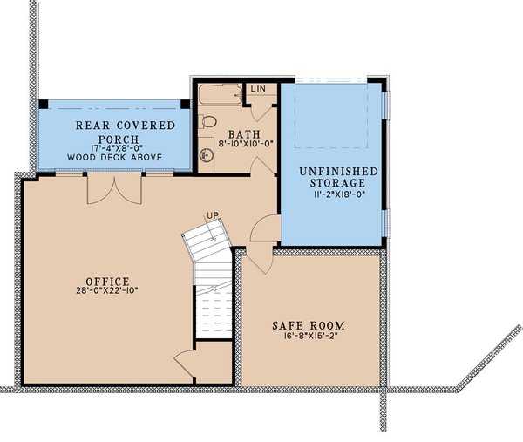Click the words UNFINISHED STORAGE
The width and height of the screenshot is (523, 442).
coord(329,177)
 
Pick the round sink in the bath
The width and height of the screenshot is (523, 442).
coord(206,155)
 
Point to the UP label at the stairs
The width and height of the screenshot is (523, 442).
coord(211,216)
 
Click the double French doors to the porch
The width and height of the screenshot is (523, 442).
coord(114,189)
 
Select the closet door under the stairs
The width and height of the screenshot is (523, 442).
coord(186,364)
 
